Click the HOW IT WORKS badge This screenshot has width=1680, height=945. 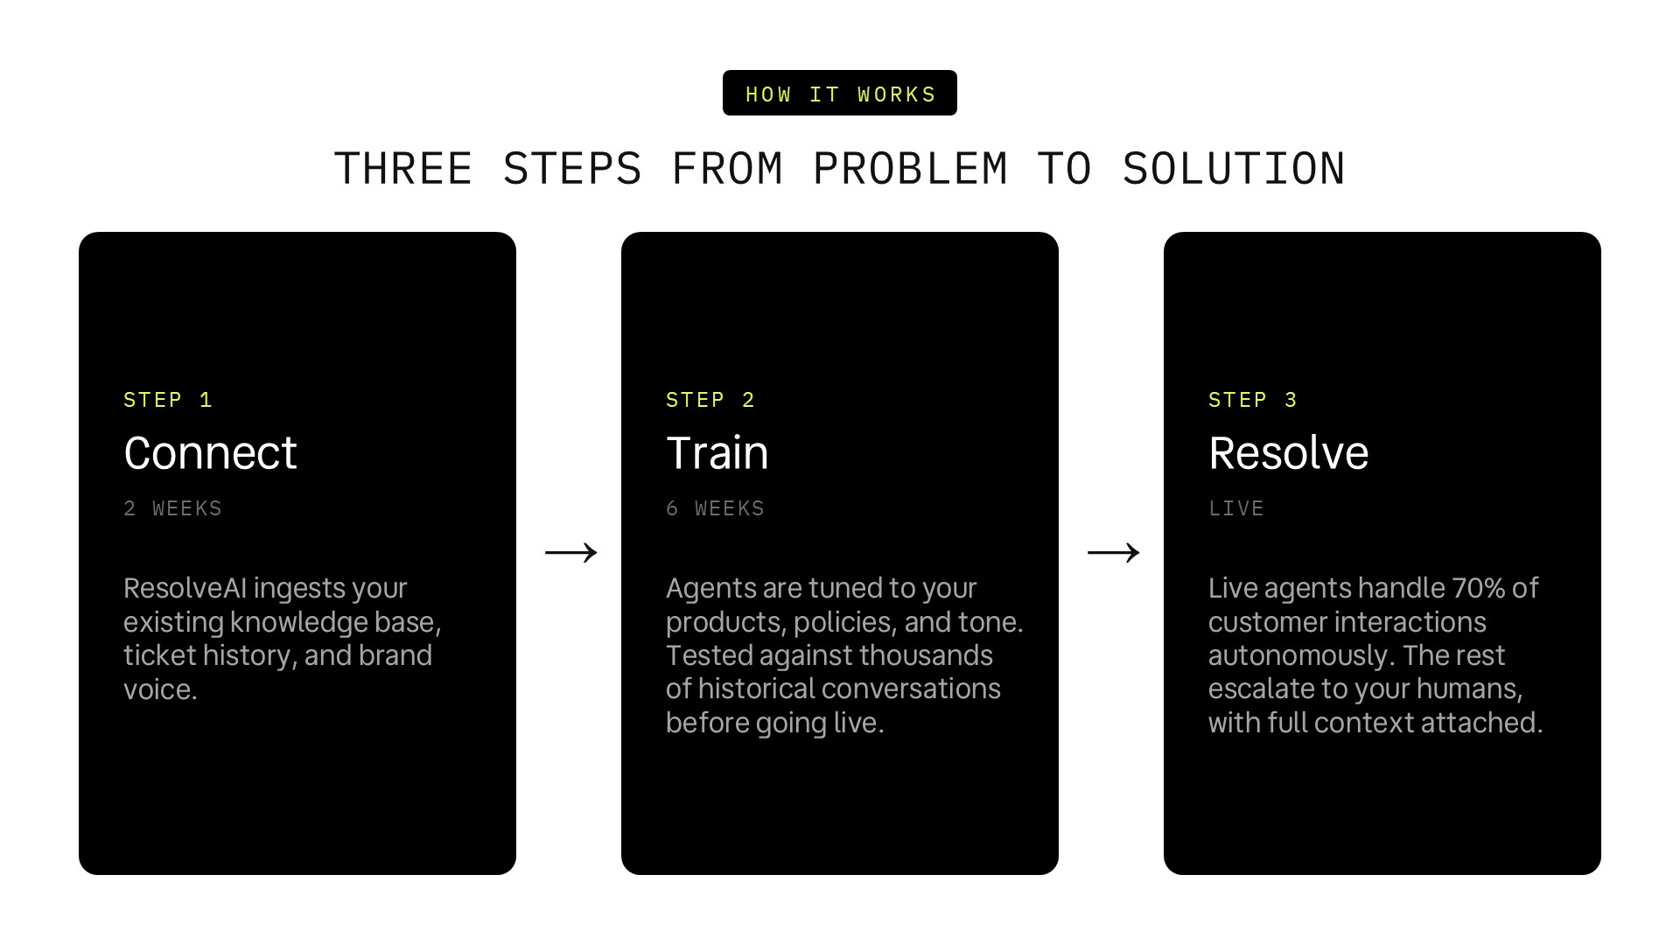pos(840,93)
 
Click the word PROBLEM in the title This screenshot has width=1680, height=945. pos(910,169)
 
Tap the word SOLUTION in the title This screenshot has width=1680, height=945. pos(1234,169)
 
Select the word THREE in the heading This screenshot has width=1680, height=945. pos(403,169)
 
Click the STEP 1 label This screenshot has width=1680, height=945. pos(168,400)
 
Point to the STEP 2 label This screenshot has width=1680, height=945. pos(710,400)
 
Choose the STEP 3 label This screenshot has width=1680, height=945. pos(1253,400)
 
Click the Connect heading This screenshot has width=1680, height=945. pos(210,453)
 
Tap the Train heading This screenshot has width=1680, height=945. pos(717,453)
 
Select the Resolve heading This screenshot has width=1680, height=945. pos(1288,453)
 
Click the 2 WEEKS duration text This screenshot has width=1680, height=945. pos(172,508)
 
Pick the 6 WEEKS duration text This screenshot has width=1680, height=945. pos(715,508)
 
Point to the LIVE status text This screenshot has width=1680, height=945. pos(1235,508)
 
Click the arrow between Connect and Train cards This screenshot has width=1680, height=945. pos(571,552)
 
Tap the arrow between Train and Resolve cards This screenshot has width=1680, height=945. pos(1114,552)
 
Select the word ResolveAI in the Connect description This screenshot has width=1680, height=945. pos(185,588)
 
